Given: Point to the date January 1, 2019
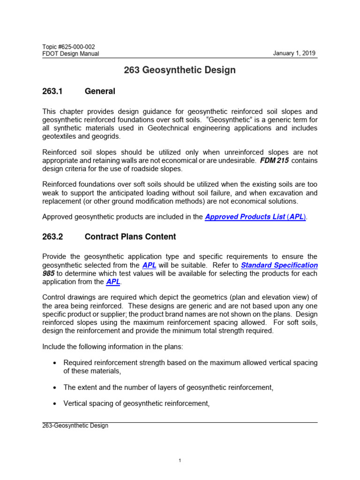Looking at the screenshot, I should (x=295, y=53).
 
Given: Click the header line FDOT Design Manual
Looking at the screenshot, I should (x=71, y=54).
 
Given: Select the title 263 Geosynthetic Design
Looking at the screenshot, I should (x=180, y=70).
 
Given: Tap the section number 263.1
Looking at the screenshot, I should (x=52, y=91).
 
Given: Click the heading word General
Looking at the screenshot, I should (x=100, y=91).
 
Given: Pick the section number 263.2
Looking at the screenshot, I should (x=52, y=237).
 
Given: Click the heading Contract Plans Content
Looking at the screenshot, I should (x=130, y=237).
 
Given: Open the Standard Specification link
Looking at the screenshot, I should (x=279, y=265).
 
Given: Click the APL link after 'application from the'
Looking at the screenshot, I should (x=113, y=282).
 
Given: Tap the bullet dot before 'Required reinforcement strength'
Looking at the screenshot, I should (x=55, y=362).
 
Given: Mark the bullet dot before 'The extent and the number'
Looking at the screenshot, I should (x=55, y=387).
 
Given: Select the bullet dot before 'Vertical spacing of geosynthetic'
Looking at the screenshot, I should (x=55, y=404).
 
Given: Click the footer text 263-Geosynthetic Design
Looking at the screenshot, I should (x=75, y=426).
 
